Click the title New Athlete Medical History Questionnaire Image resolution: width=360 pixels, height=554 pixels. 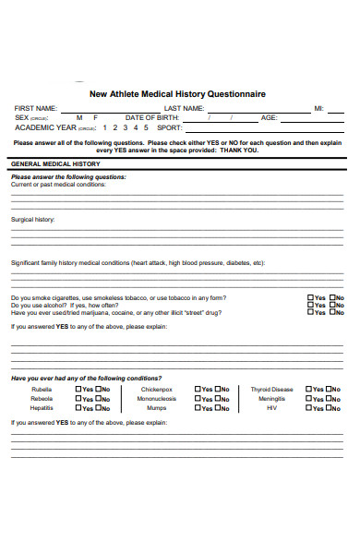point(177,93)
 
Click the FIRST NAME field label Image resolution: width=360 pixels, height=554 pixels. point(36,109)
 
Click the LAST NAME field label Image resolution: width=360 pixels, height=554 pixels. point(184,109)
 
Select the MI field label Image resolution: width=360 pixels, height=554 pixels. point(318,109)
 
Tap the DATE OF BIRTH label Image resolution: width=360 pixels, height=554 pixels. point(153,118)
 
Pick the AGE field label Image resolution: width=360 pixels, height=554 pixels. point(269,118)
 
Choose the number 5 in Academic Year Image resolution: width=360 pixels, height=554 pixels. point(145,127)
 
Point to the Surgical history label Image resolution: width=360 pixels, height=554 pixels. point(32,220)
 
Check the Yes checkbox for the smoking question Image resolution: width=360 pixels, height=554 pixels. point(310,298)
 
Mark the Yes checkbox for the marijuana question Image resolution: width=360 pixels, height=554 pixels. point(310,313)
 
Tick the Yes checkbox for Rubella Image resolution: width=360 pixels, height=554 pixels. point(78,390)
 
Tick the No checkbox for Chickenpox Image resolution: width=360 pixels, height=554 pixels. point(217,390)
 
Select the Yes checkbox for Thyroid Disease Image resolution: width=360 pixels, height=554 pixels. point(309,390)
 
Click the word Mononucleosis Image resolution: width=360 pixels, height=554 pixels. point(157,399)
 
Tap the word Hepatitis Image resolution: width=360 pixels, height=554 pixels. point(42,407)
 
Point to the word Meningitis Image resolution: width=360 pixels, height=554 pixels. point(271,399)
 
